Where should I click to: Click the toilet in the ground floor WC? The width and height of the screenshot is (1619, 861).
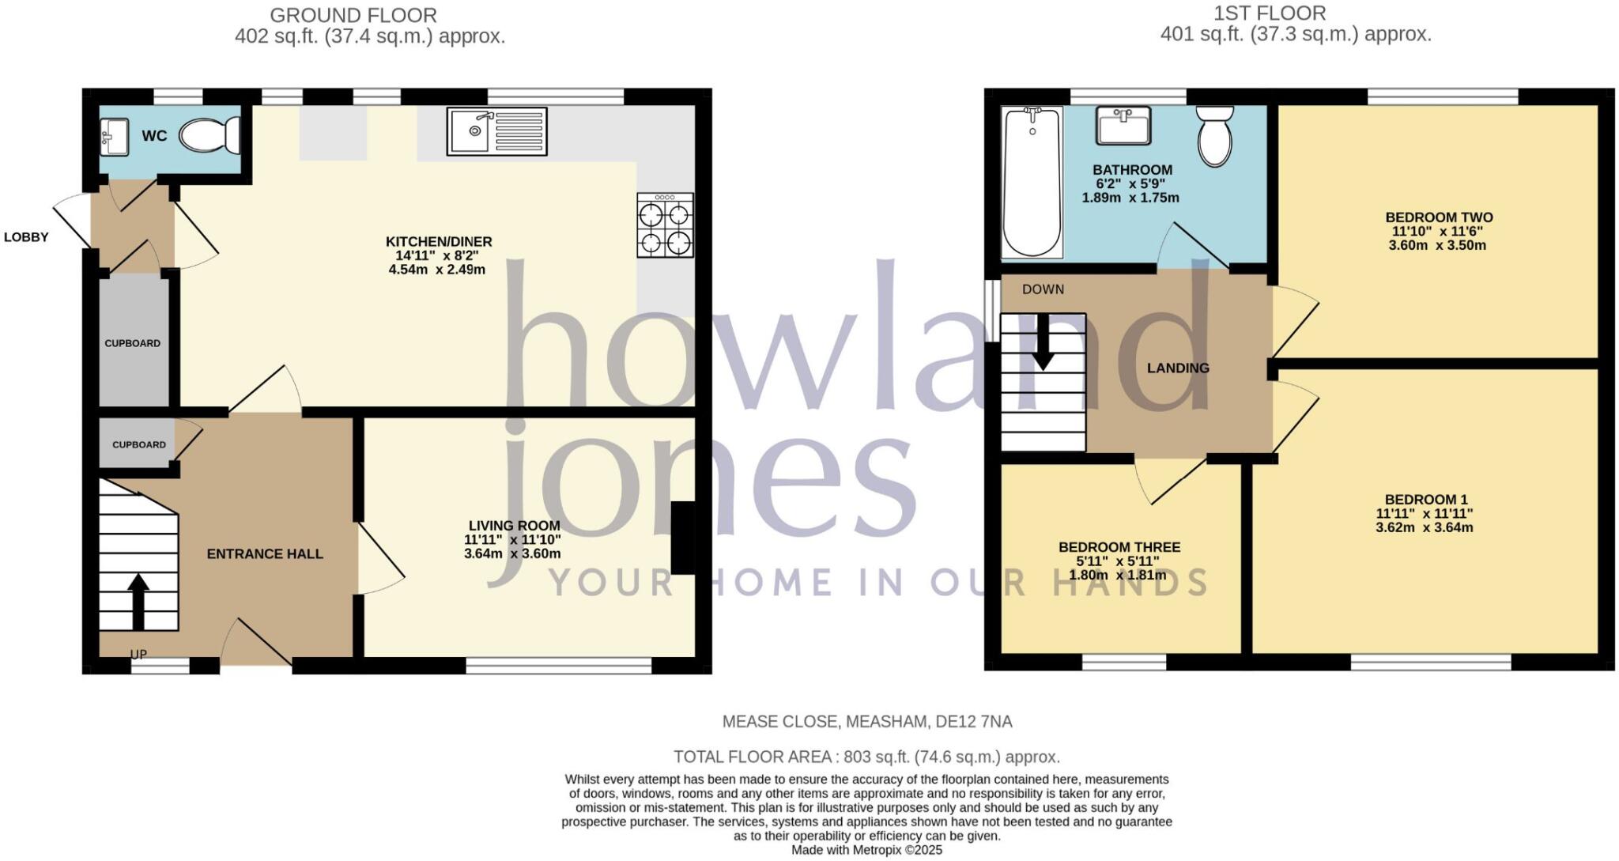tap(209, 136)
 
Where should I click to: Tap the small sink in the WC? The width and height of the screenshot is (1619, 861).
tap(115, 138)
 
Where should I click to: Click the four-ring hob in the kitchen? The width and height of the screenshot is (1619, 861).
tap(665, 226)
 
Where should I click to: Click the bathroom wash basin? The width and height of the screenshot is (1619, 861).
tap(1123, 126)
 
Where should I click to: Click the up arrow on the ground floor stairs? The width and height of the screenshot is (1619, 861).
tap(138, 601)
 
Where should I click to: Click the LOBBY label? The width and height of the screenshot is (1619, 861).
tap(26, 237)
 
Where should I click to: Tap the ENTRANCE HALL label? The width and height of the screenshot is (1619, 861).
tap(265, 554)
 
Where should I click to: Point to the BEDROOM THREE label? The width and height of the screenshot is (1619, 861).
tap(1119, 547)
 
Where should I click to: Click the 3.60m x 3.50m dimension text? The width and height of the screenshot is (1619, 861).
tap(1437, 246)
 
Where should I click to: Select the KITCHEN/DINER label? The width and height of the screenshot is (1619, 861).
tap(439, 242)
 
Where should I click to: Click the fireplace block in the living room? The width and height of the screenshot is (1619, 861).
tap(683, 538)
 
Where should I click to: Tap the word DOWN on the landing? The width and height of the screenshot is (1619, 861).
tap(1043, 289)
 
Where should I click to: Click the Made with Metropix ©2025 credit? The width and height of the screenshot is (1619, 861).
tap(867, 851)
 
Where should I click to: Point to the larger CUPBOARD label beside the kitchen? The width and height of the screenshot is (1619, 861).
tap(133, 343)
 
